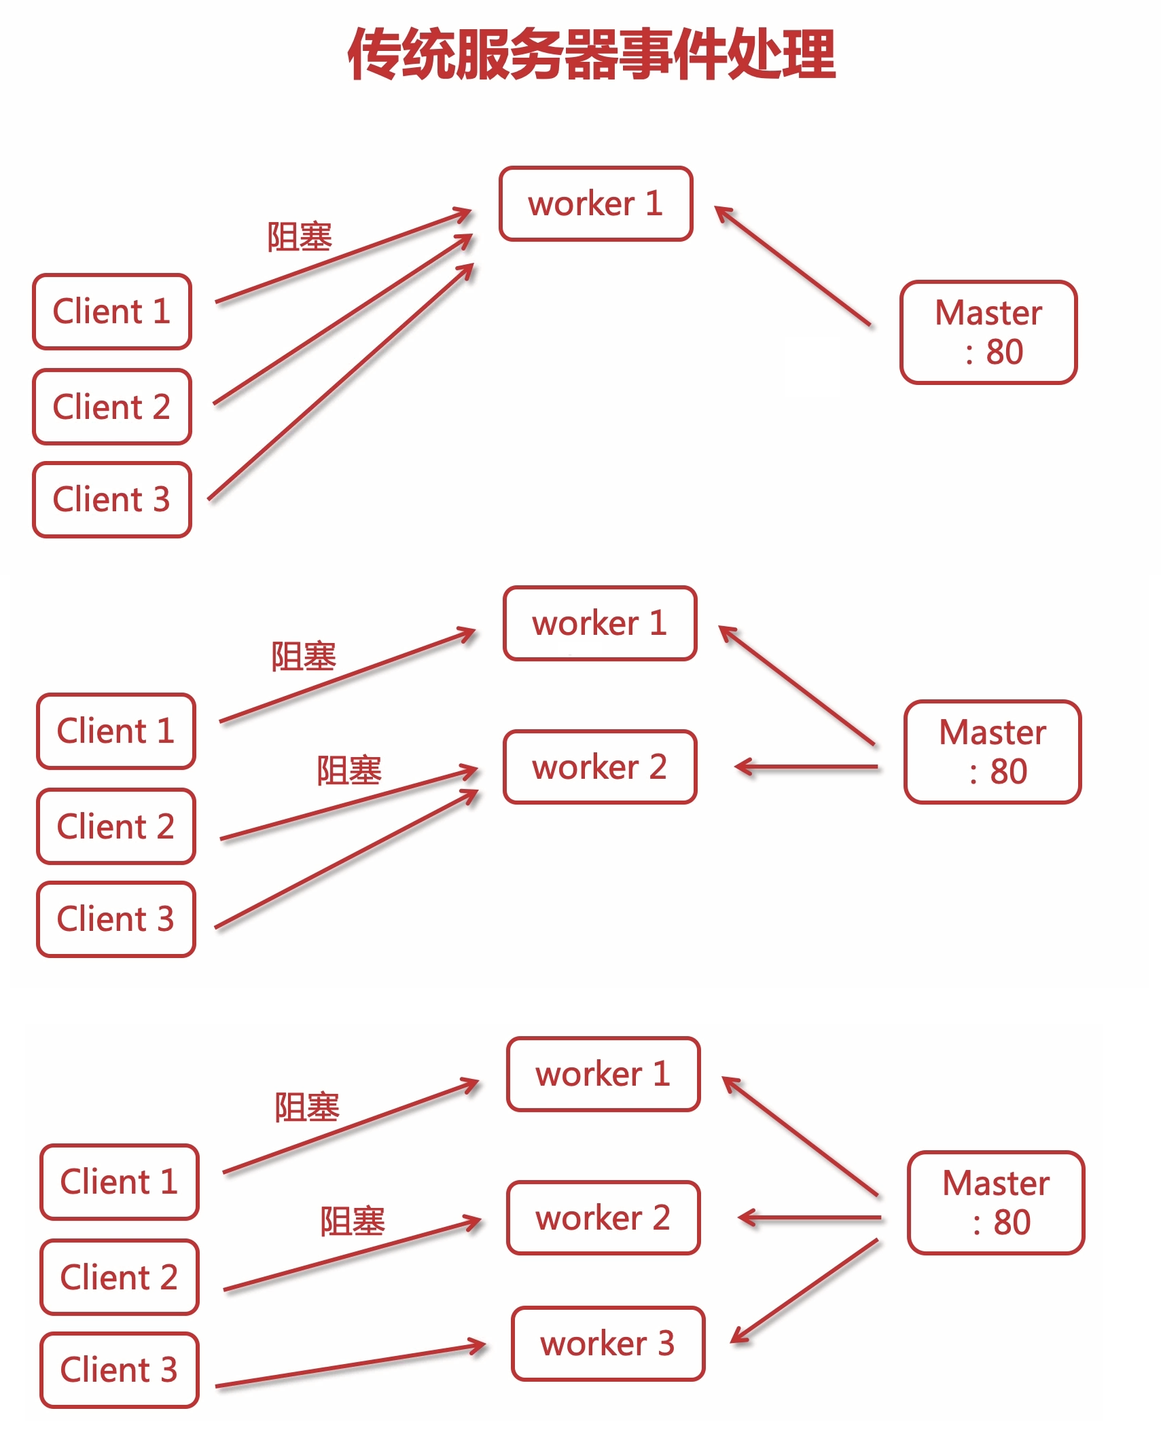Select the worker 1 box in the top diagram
pos(595,204)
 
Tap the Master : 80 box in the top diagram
pos(988,332)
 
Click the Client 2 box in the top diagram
pos(112,407)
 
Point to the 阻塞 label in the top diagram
pos(299,237)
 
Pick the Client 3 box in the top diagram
pos(112,499)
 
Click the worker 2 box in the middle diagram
pos(599,767)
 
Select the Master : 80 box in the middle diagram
pos(992,752)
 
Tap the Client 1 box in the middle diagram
pos(116,731)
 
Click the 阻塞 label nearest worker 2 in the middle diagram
pos(349,771)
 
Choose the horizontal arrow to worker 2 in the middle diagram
pos(806,767)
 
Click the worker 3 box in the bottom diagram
pos(607,1344)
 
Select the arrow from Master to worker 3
pos(805,1291)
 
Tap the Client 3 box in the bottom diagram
pos(119,1370)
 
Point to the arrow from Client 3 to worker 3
pos(350,1366)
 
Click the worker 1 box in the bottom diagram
pos(603,1074)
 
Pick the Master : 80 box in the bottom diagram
pos(995,1202)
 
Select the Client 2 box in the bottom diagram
pos(119,1277)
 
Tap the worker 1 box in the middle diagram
pos(599,623)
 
